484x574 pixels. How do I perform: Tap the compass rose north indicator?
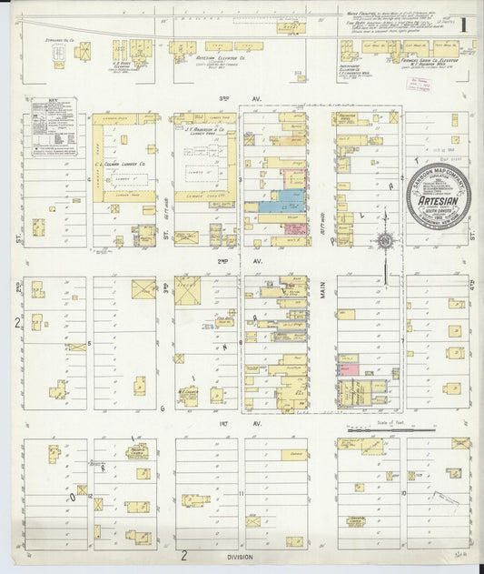coord(387,240)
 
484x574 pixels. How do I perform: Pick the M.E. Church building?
coord(187,395)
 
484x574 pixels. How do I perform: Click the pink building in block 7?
coord(349,368)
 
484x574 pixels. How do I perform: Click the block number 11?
coord(242,493)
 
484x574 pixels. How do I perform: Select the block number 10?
coord(402,493)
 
